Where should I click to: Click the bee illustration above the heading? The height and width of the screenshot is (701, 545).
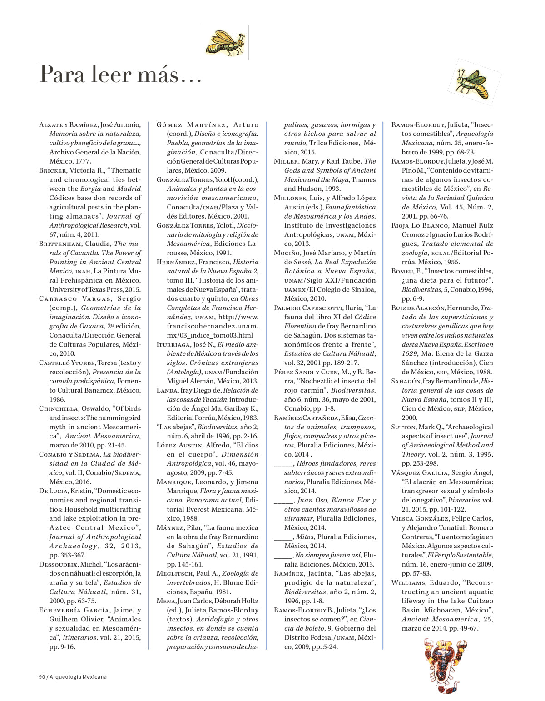click(x=226, y=42)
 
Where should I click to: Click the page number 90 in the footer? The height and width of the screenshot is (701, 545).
click(x=42, y=676)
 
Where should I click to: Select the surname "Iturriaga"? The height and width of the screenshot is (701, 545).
click(x=173, y=345)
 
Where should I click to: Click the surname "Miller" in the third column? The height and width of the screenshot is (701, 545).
click(x=286, y=161)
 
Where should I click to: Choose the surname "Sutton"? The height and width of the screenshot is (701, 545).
click(x=404, y=427)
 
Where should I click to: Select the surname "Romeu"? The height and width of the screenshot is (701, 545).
click(x=401, y=271)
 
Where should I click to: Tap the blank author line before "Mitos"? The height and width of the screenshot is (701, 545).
click(x=283, y=537)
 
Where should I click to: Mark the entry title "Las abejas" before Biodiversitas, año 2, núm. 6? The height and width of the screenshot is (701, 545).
click(x=176, y=427)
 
